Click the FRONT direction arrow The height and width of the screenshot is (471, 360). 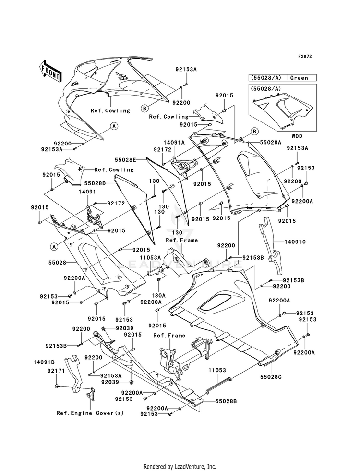[50, 71]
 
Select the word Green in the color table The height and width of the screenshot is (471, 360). [299, 78]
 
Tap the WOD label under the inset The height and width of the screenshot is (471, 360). [297, 136]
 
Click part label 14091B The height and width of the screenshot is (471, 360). [44, 362]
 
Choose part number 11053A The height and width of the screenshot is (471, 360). [150, 257]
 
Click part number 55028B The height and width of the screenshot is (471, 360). [226, 401]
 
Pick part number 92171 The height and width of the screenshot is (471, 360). [56, 371]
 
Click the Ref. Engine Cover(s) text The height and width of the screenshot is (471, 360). [90, 413]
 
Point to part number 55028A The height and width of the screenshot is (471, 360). [271, 143]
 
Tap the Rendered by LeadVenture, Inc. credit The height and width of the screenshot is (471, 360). [180, 467]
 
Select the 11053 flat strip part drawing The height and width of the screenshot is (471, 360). [218, 385]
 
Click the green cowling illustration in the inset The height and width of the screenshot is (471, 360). [283, 110]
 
